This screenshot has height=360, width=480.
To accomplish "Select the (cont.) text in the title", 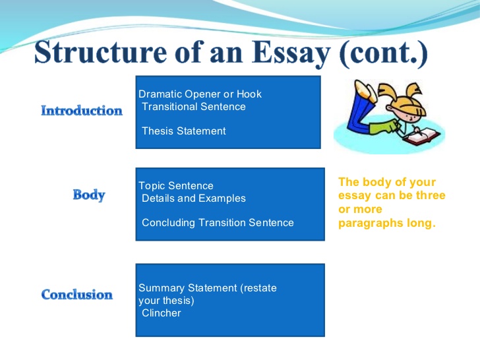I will click(384, 53).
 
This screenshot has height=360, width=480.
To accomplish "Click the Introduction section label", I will click(82, 111).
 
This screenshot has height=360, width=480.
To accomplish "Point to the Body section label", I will click(89, 195).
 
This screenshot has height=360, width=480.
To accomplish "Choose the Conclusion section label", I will click(77, 295).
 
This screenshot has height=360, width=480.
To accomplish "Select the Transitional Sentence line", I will click(194, 107).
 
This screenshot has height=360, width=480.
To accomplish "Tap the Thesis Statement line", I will click(184, 131).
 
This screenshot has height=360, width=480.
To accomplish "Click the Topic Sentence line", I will click(176, 186).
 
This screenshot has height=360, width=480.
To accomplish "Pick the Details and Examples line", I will click(194, 198).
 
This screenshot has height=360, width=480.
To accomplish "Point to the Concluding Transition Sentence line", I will click(218, 223).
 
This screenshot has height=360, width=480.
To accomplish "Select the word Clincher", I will click(162, 313).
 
